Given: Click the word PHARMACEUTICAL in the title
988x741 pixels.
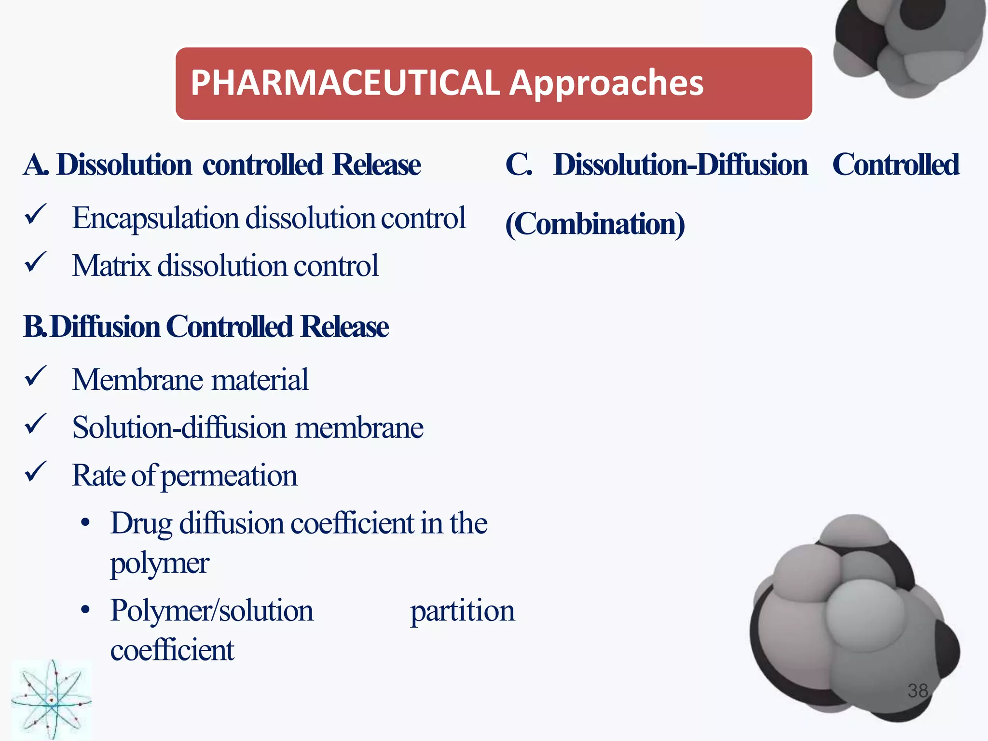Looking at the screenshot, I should (x=345, y=83).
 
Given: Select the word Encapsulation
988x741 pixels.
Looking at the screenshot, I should (x=155, y=219).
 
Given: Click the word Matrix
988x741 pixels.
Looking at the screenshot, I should (x=111, y=266).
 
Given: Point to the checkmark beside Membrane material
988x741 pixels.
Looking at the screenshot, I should (x=35, y=376).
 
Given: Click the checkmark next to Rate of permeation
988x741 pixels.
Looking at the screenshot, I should (x=35, y=471).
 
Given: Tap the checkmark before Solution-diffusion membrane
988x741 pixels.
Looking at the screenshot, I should (x=35, y=424).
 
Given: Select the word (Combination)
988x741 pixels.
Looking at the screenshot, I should (x=595, y=224).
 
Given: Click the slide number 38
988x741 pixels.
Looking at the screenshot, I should (x=918, y=691).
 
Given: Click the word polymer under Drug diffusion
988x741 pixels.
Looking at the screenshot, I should (x=160, y=563).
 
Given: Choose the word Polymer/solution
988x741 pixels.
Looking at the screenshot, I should (x=212, y=611).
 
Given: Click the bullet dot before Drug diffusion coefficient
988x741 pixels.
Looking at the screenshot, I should (x=86, y=523).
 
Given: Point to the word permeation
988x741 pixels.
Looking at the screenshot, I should (x=229, y=476).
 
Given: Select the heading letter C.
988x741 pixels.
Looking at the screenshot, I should (x=518, y=165).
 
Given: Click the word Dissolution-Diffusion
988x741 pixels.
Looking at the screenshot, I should (x=680, y=165).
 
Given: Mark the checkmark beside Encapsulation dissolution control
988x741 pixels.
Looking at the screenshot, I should (x=35, y=214).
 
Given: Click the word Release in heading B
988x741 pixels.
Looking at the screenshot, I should (x=344, y=327).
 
